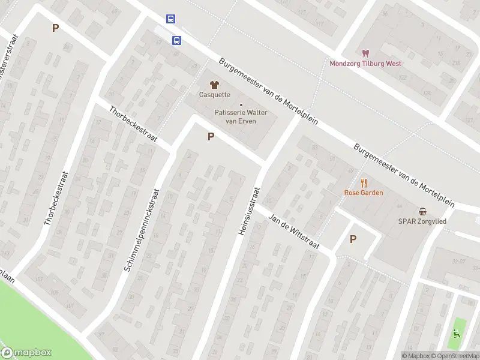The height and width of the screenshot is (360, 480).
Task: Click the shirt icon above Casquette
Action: click(x=214, y=85)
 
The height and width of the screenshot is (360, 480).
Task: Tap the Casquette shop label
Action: click(x=214, y=95)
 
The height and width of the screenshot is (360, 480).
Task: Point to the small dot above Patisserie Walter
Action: click(x=241, y=105)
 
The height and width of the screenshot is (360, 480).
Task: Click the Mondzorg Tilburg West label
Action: click(x=365, y=64)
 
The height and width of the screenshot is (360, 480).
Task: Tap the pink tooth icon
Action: click(x=365, y=54)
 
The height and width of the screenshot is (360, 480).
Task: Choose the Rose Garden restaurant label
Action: click(x=364, y=193)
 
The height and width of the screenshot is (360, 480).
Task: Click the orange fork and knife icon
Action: click(x=364, y=183)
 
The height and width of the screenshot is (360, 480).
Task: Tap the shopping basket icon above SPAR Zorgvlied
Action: click(x=424, y=211)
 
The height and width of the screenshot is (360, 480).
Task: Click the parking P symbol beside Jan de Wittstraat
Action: click(x=353, y=239)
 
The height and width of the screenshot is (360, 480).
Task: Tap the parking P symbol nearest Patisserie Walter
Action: click(x=211, y=137)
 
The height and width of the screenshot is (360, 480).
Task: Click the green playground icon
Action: click(x=457, y=334)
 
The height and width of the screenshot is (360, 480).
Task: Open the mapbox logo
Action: click(x=26, y=353)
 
